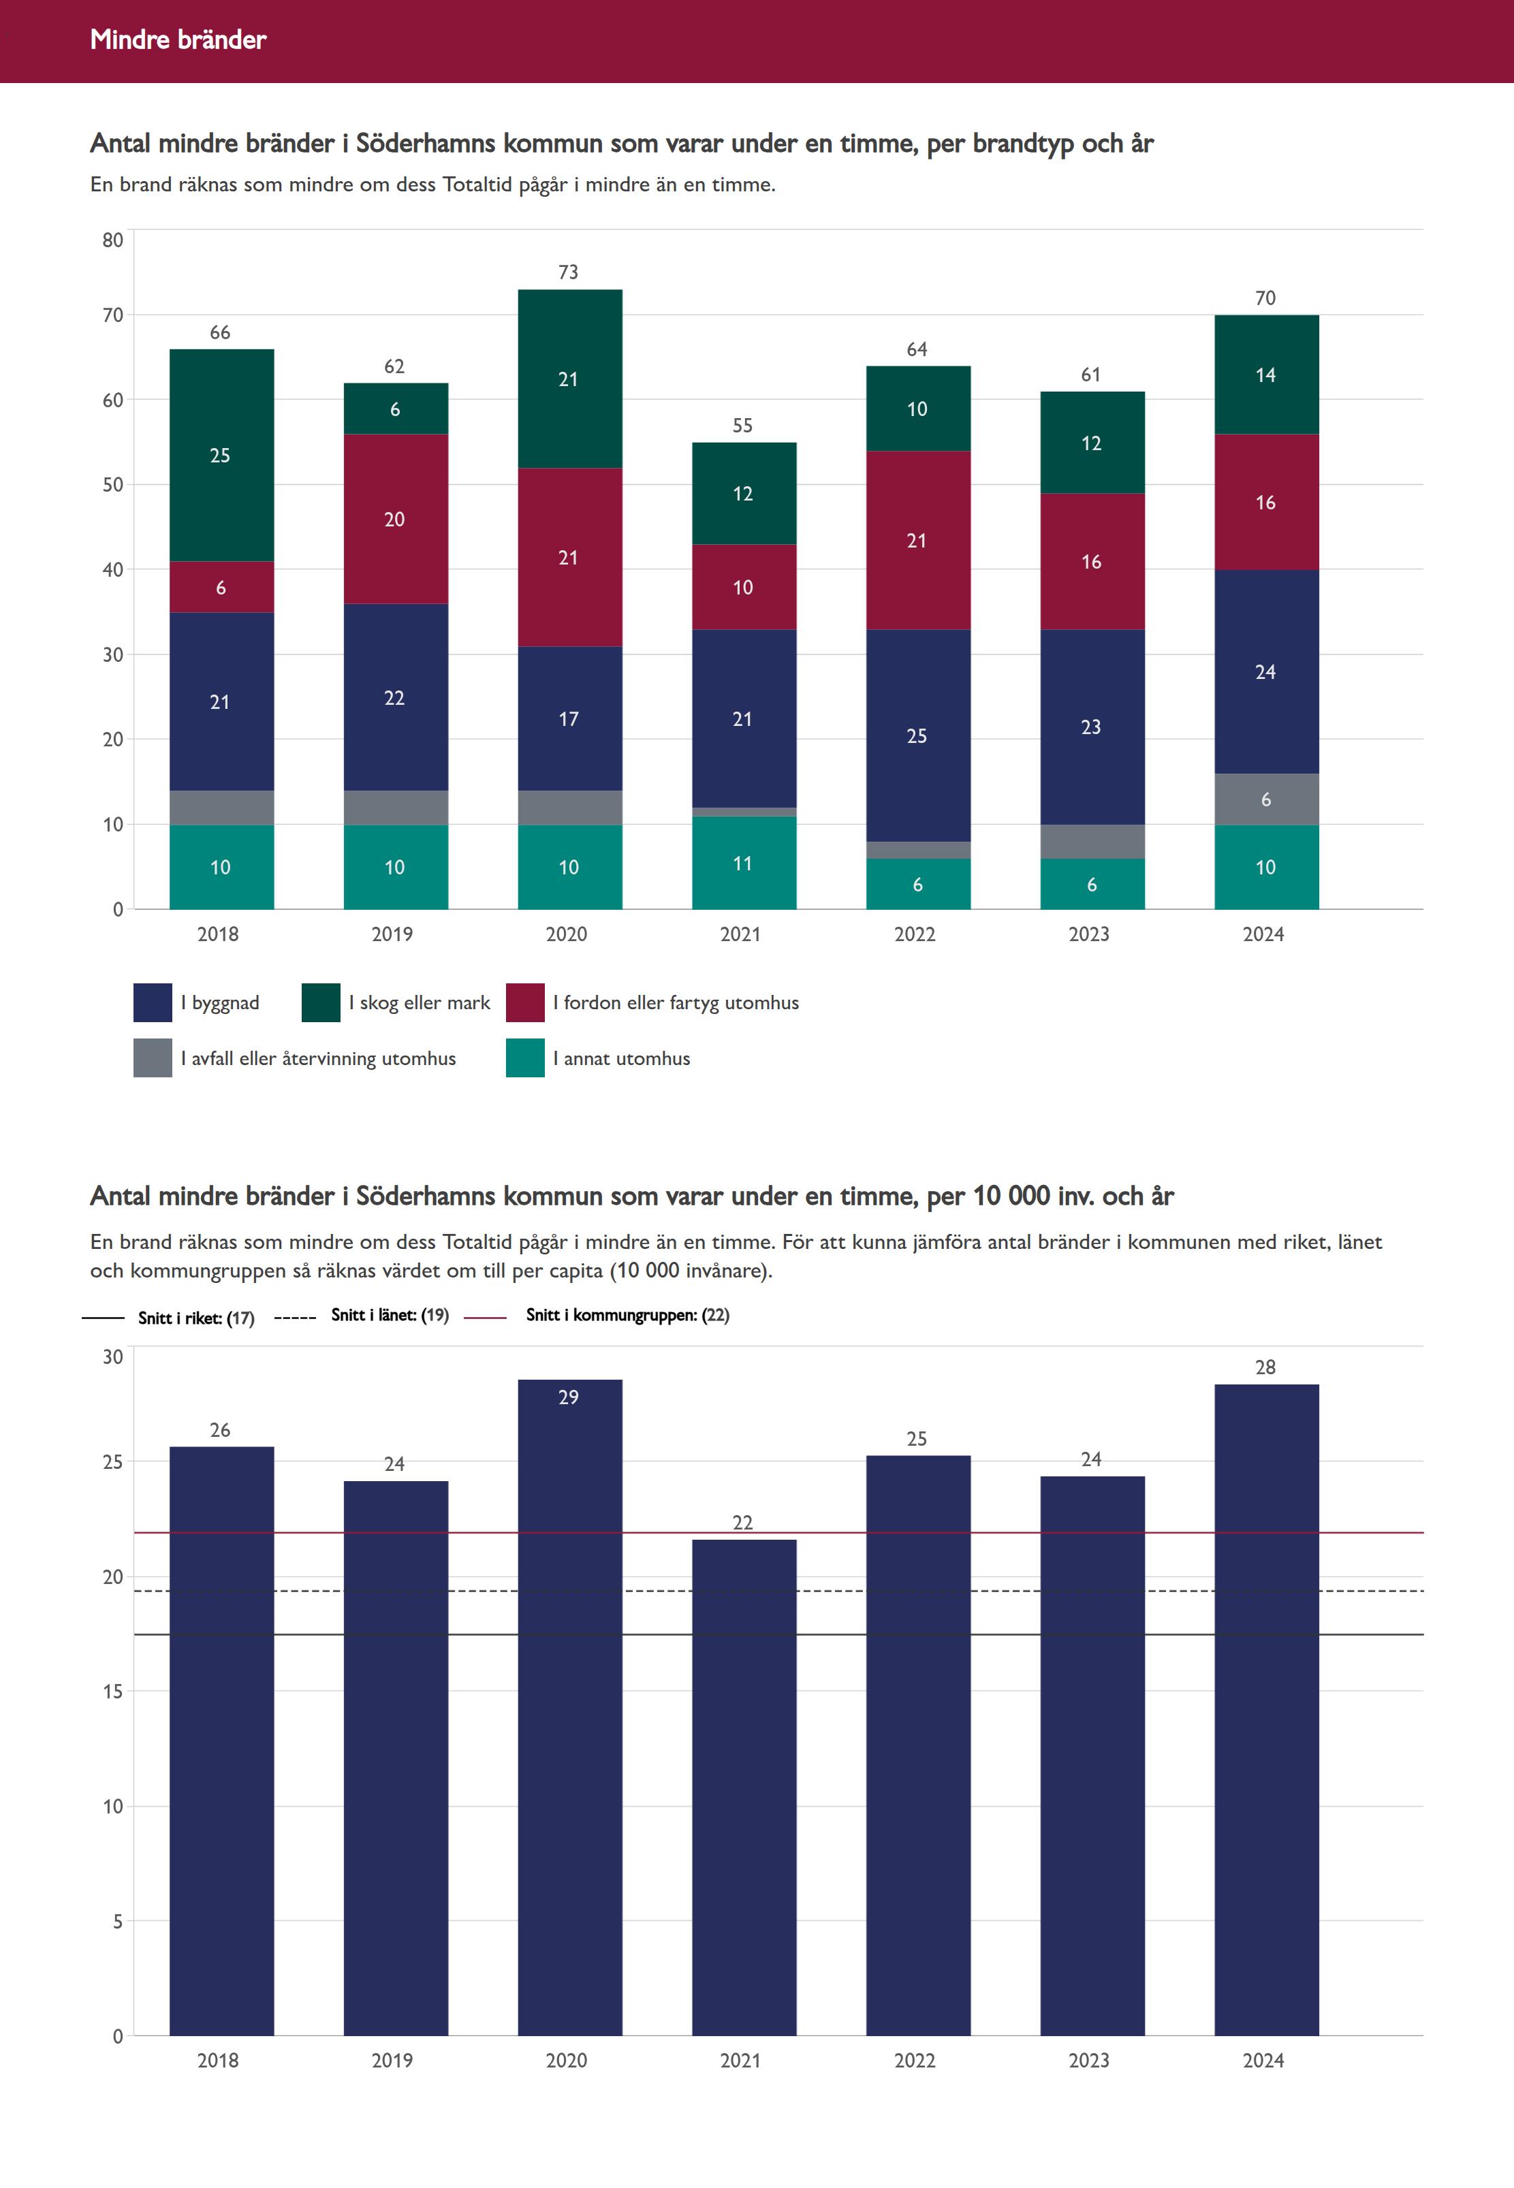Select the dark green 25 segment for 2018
click(x=221, y=456)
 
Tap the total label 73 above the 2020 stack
click(x=568, y=272)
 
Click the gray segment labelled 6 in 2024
click(x=1265, y=799)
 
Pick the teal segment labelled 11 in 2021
click(x=743, y=863)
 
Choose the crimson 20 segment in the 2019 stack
click(x=394, y=519)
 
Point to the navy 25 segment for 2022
click(x=917, y=736)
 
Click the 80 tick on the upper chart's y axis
click(x=113, y=240)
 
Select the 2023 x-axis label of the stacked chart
click(x=1089, y=934)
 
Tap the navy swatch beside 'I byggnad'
click(x=153, y=1002)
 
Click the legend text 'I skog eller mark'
click(x=420, y=1002)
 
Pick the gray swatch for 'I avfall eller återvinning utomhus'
click(x=153, y=1058)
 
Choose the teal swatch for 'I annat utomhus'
click(x=524, y=1058)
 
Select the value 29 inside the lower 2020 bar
click(x=568, y=1397)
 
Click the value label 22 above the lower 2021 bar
click(x=743, y=1522)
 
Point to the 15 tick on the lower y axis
click(x=113, y=1691)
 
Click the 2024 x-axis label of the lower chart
click(x=1263, y=2060)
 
